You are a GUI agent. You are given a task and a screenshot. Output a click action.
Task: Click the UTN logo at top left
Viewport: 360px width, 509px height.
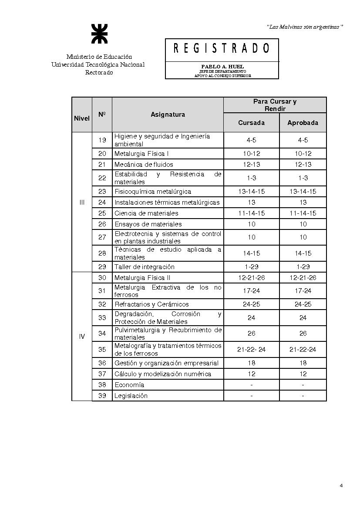coord(98,34)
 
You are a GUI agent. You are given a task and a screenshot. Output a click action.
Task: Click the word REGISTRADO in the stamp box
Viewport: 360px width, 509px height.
coord(222,48)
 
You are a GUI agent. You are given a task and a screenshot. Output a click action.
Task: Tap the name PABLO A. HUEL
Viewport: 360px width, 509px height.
coord(222,67)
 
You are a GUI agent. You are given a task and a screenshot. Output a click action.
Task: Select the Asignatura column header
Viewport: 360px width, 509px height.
coord(168,115)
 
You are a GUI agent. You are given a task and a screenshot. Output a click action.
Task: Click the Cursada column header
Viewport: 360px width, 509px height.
coord(251,123)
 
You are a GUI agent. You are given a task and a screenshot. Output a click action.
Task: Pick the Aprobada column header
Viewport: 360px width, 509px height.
coord(303,123)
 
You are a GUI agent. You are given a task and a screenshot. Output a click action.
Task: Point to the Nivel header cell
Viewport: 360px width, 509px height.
coord(82,118)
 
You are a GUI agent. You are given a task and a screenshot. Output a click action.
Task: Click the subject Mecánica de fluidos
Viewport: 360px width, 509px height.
coord(144,165)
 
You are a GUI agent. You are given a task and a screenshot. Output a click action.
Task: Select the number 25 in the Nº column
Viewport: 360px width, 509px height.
coord(102,213)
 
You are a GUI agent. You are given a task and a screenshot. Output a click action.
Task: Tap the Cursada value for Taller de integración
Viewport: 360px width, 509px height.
coord(251,267)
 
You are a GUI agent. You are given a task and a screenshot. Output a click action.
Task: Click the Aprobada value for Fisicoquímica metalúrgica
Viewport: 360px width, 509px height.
coord(303,192)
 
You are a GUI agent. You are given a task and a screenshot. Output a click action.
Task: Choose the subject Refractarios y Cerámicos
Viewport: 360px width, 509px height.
coord(151,304)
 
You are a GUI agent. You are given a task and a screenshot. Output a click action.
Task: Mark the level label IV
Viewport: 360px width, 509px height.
coord(82,337)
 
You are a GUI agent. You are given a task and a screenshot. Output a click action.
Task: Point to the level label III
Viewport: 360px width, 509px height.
coord(82,202)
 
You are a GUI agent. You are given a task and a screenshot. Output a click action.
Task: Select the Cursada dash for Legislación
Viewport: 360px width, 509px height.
coord(251,396)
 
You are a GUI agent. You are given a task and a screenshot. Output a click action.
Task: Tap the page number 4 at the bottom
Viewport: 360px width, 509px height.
coord(341,485)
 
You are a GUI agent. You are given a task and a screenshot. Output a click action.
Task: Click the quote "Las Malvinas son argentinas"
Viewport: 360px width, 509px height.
coord(305,27)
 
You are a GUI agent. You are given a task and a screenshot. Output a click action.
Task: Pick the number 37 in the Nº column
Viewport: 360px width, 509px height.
coord(102,374)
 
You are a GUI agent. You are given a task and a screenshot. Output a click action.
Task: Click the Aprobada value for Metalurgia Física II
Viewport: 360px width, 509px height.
coord(303,278)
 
